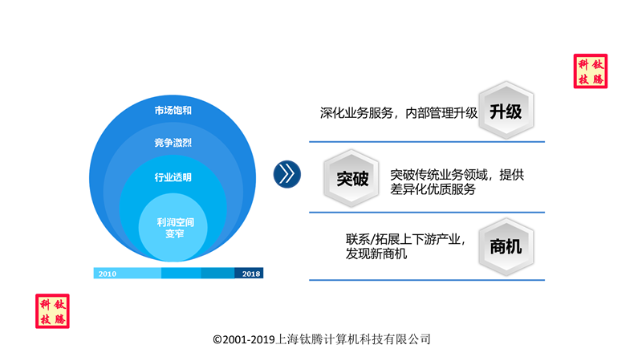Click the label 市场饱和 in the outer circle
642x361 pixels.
pos(173,110)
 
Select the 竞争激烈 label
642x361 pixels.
pos(173,143)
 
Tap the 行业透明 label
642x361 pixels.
pos(173,177)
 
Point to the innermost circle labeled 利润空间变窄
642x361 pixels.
pos(173,227)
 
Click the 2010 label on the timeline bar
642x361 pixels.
pos(108,274)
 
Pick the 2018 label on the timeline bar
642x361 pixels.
pos(251,274)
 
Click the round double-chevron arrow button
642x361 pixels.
pos(287,174)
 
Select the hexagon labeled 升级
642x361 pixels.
pos(506,110)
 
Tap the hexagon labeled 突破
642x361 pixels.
pos(351,178)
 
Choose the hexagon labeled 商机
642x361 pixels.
pos(506,247)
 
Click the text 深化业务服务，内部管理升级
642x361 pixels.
pos(399,113)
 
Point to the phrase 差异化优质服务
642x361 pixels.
pos(433,189)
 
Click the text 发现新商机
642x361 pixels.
pos(376,254)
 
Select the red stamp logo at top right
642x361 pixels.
pos(591,71)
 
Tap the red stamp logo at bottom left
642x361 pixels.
pos(52,311)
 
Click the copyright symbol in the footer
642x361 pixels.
pos(217,339)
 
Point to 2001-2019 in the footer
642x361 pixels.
pos(249,339)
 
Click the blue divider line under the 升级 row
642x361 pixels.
pos(427,142)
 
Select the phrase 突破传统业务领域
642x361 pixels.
pos(439,175)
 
